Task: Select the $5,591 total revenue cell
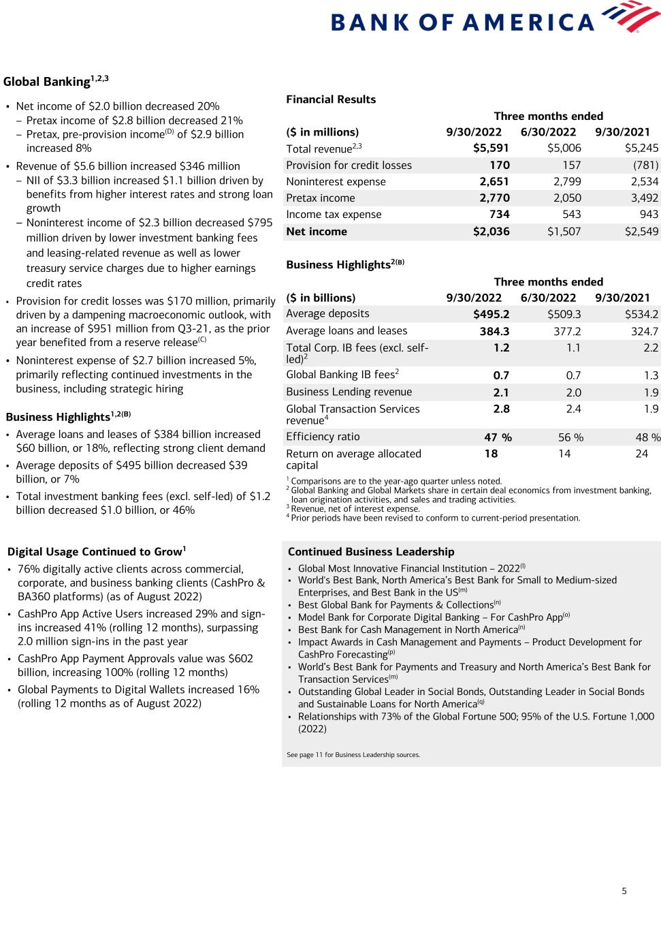pos(491,149)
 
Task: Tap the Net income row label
pos(317,232)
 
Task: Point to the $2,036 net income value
pos(491,232)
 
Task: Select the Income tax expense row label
pos(334,215)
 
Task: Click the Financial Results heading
pos(331,99)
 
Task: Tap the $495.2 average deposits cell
pos(491,314)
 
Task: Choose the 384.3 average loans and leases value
pos(494,331)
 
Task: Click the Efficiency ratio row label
pos(323,437)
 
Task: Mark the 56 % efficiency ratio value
pos(570,437)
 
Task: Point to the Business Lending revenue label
pos(349,392)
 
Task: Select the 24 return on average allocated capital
pos(641,454)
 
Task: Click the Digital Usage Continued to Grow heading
pos(96,552)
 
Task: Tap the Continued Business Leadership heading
pos(371,552)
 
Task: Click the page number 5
pos(624,890)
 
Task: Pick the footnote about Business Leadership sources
pos(353,755)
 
